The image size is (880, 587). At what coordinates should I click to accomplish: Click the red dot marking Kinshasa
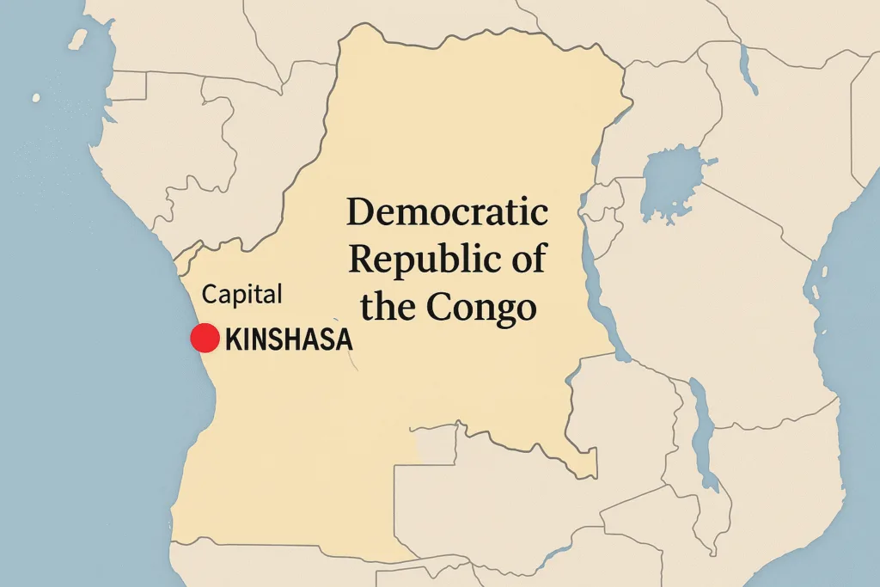pos(205,338)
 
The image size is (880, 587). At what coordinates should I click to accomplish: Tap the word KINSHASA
pos(289,339)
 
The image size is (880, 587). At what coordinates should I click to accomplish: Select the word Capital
pos(241,295)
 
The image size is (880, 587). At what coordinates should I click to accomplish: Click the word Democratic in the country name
pos(447,212)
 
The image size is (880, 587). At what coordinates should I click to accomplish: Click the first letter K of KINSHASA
pos(233,339)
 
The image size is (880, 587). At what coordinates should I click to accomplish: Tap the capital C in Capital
pos(209,295)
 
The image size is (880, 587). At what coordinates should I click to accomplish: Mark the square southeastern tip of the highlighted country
pos(587,464)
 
